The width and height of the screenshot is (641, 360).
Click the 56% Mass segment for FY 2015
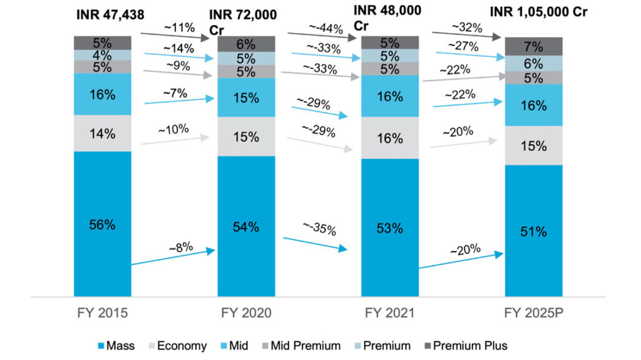click(102, 224)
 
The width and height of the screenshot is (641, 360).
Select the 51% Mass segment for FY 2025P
click(533, 230)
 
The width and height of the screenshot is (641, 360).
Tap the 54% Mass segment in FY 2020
click(246, 226)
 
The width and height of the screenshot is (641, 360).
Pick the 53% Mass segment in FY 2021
click(390, 227)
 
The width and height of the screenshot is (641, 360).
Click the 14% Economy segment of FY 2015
click(102, 133)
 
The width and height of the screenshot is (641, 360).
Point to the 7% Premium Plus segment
click(533, 46)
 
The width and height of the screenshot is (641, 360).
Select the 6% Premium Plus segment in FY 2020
click(246, 44)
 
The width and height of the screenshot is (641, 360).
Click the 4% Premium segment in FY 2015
click(102, 55)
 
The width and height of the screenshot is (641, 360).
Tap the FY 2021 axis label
click(390, 312)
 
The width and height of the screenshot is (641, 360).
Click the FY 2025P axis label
click(533, 312)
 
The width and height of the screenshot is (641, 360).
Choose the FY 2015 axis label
click(102, 312)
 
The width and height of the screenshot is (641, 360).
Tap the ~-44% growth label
click(326, 27)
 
